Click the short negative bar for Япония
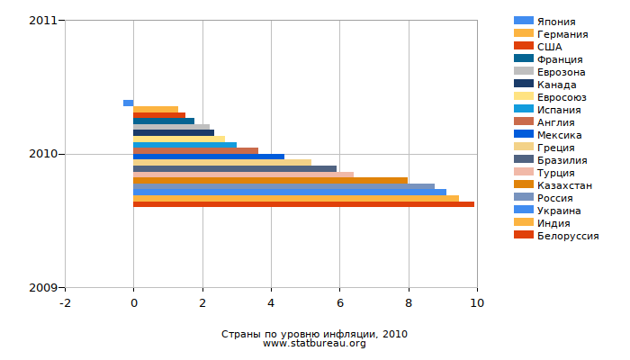128,103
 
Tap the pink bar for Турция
243,175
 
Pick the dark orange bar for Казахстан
270,181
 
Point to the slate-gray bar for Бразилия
234,168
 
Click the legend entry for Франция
559,58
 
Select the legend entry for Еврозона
561,71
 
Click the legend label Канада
557,84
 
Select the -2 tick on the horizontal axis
65,303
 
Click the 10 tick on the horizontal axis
477,303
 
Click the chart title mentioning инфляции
314,334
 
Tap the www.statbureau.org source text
314,344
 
